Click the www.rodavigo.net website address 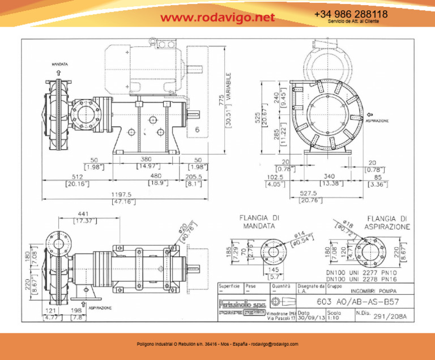[217, 18]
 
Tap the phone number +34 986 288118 [351, 14]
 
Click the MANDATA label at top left [60, 65]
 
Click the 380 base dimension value [146, 160]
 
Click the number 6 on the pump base [197, 130]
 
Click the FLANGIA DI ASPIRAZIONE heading [387, 222]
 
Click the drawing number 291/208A [392, 316]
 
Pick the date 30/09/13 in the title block [310, 317]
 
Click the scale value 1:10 [335, 317]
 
